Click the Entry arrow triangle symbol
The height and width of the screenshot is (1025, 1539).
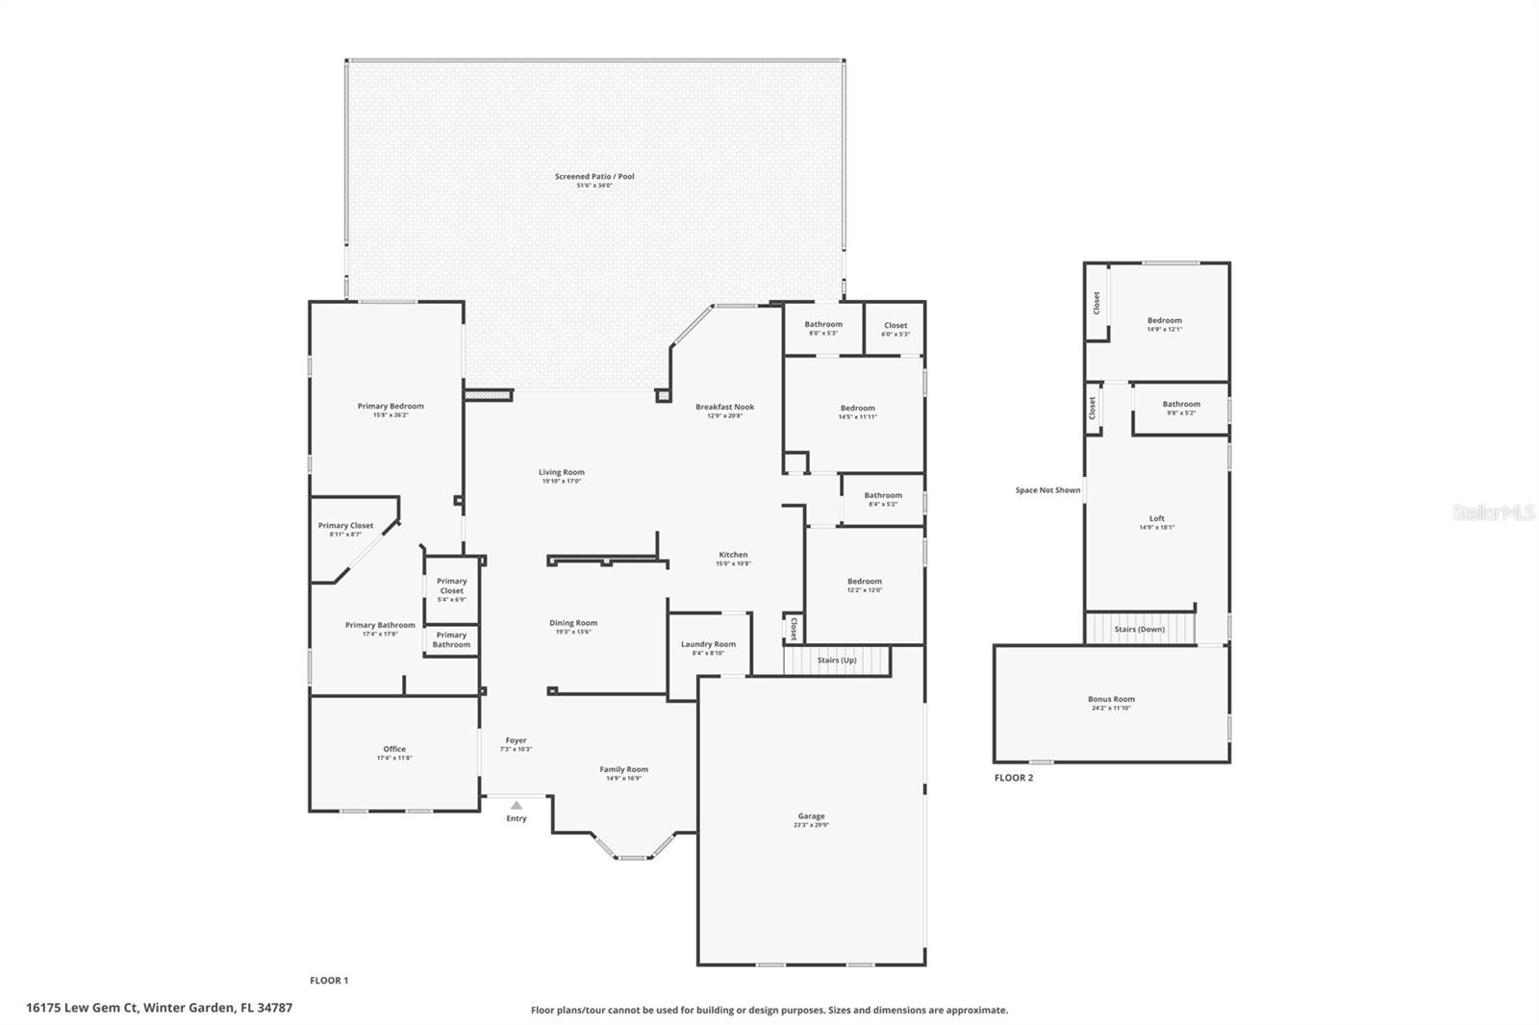click(517, 806)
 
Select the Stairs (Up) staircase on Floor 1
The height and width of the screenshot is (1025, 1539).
click(836, 661)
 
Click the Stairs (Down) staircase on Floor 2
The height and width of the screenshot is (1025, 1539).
click(1140, 629)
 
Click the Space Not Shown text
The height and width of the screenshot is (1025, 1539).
click(1047, 490)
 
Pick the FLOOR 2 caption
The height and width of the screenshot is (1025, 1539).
click(1013, 778)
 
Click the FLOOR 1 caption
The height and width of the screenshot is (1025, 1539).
click(329, 981)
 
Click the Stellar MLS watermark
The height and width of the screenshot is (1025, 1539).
click(1493, 513)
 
